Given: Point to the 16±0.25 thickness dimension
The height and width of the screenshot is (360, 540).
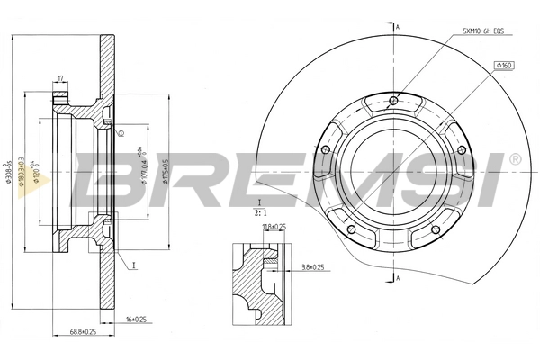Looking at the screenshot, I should (x=135, y=319).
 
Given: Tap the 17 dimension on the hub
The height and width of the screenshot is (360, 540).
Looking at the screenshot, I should (x=60, y=80).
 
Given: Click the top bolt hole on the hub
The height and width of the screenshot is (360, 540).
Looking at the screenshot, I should (x=393, y=101).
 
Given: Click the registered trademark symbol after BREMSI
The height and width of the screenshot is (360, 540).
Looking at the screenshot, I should (x=514, y=159).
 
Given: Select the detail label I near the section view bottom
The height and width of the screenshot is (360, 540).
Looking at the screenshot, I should (x=132, y=265).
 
